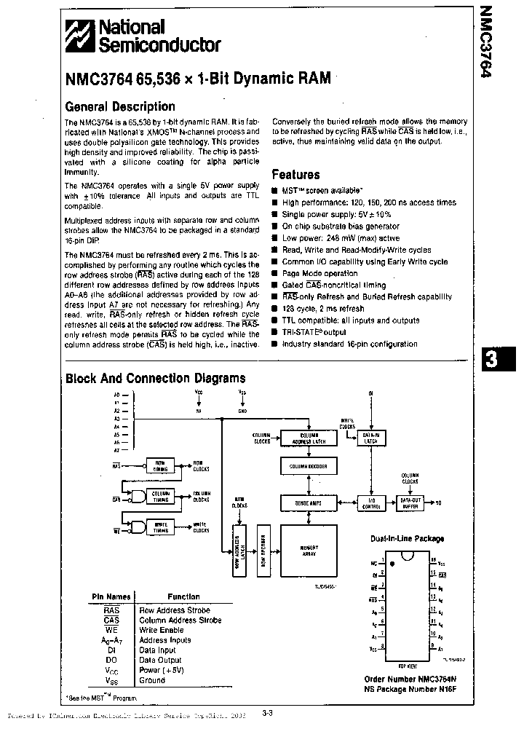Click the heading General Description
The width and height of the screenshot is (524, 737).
(120, 106)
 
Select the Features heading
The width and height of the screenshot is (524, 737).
(295, 175)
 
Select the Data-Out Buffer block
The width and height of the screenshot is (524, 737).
(409, 502)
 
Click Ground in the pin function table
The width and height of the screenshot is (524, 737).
(152, 680)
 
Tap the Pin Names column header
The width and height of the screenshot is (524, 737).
(111, 596)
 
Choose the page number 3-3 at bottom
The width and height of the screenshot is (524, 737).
(266, 714)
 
